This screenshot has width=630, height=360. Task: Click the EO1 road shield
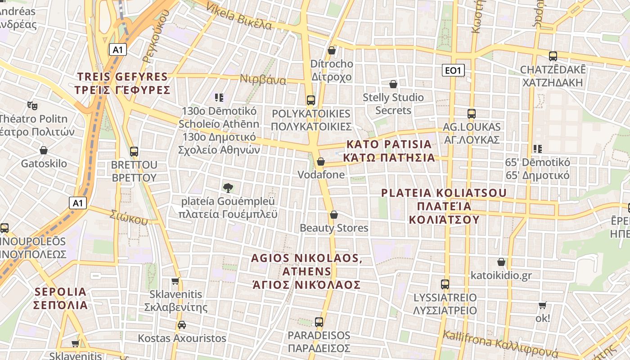pos(453,70)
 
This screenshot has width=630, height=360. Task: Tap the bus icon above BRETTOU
pos(134,152)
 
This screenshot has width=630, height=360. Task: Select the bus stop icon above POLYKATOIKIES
pos(310,100)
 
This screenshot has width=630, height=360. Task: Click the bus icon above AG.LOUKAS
pos(471,114)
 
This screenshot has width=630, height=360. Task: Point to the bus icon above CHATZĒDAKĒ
pos(553,56)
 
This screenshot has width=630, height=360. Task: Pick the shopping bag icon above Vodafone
pos(321,162)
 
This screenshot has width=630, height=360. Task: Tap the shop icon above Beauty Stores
pos(333,215)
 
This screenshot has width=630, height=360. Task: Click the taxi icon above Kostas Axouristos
pos(181,325)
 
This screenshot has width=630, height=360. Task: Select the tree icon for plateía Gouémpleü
pos(228,188)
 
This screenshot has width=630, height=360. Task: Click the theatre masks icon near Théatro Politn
pos(31,106)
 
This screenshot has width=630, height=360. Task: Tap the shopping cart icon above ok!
pos(542,305)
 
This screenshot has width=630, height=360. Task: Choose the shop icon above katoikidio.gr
pos(501,262)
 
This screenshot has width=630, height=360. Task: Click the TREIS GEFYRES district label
pos(123,83)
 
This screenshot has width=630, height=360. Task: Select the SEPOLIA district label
pos(61,298)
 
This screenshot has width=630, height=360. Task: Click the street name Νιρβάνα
pos(263,79)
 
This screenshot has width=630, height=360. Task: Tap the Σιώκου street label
pos(129,217)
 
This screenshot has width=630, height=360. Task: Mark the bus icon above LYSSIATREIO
pos(445,284)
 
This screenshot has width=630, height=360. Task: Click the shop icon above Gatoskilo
pos(44,150)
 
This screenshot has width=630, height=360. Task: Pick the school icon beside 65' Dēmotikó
pos(537,148)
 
